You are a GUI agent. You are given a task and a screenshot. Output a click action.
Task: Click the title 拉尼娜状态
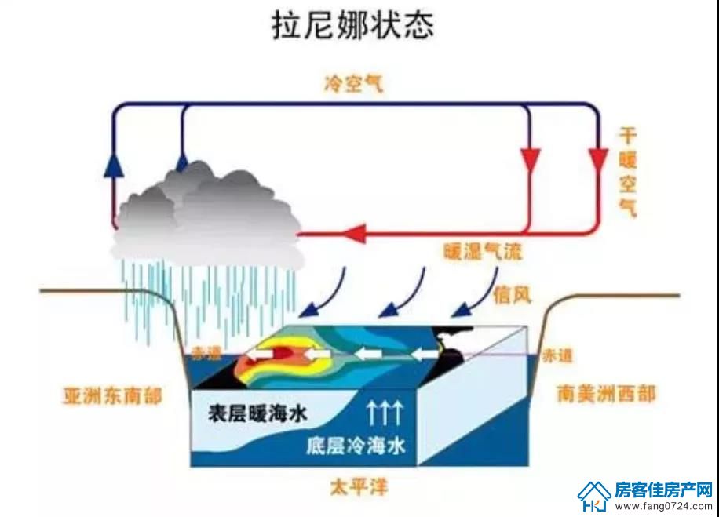pos(352,25)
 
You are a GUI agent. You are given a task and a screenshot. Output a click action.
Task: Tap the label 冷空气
pos(353,84)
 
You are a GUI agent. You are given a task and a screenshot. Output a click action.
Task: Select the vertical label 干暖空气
pos(628,173)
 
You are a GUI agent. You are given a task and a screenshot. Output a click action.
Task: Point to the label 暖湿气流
pos(483,252)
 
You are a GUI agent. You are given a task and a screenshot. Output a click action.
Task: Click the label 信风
pos(513,296)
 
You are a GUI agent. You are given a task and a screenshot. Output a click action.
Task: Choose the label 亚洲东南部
pos(113,395)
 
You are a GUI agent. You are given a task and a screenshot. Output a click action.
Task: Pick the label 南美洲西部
pos(606,394)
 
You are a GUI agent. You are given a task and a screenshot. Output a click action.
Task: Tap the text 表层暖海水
pos(257,414)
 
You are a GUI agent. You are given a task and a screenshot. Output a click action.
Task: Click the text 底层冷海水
pos(356,445)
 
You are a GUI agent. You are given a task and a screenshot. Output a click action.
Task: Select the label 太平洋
pos(359,486)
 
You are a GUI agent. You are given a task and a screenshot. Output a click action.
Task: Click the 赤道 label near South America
pos(557,355)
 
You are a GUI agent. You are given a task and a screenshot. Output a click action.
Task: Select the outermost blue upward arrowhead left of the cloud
pos(114,164)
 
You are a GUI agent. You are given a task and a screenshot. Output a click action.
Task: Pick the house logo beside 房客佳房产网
pos(594,496)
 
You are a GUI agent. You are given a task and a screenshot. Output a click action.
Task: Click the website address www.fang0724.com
pos(663,507)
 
